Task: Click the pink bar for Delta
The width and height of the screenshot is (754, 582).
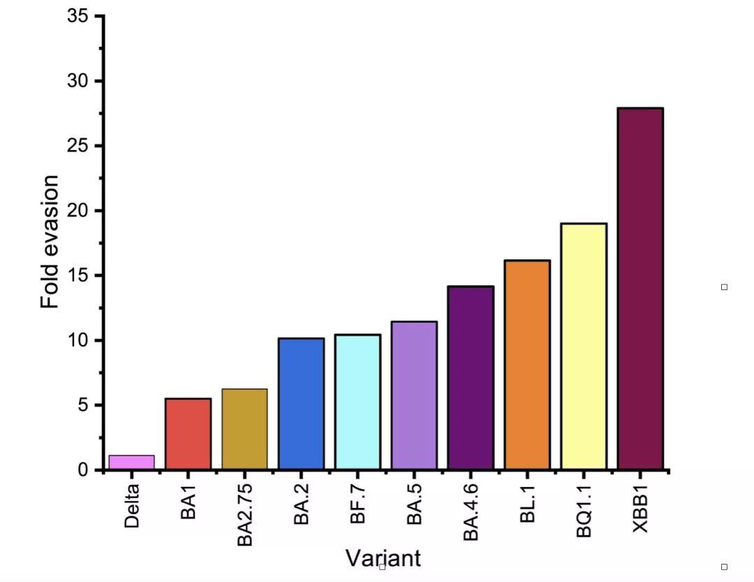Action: (x=131, y=462)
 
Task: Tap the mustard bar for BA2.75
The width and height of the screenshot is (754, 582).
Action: (x=244, y=428)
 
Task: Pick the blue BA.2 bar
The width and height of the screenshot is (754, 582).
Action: (x=301, y=403)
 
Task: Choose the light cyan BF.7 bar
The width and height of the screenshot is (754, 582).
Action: (x=357, y=402)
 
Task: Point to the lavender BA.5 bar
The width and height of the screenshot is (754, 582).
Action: (x=414, y=395)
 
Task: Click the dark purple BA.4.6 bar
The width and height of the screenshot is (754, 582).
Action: (x=471, y=377)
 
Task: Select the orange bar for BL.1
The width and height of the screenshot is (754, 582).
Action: (x=527, y=365)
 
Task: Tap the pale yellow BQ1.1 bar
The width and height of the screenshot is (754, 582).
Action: (x=584, y=346)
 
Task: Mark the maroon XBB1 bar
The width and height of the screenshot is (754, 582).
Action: (x=640, y=288)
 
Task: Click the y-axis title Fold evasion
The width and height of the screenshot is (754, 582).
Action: (x=50, y=242)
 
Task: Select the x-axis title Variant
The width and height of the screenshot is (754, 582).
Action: (x=383, y=558)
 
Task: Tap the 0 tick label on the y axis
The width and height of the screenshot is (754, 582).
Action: (x=84, y=470)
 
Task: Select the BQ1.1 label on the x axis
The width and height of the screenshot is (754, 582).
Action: (x=584, y=513)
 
